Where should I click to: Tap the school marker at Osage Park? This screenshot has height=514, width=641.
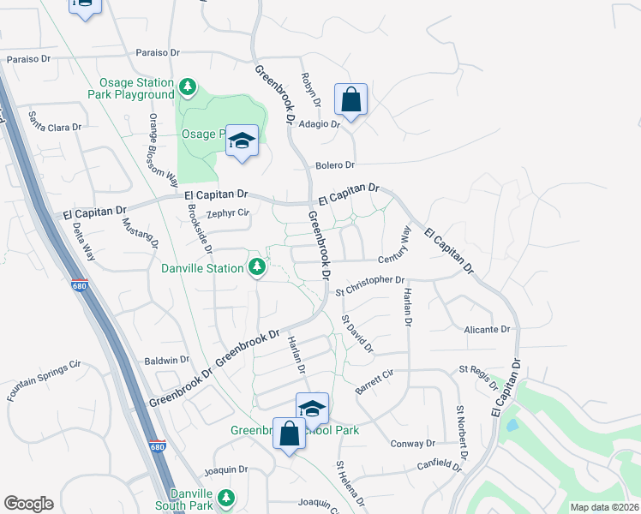tap(243, 141)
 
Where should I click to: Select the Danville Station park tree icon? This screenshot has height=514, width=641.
tap(256, 268)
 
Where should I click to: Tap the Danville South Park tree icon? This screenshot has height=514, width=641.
tap(225, 498)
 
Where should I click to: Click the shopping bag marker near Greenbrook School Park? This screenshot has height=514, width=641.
tap(289, 433)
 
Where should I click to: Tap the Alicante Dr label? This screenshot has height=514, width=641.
tap(487, 329)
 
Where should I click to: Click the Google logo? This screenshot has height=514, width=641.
tap(28, 504)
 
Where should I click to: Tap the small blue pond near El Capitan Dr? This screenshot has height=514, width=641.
tap(512, 425)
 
